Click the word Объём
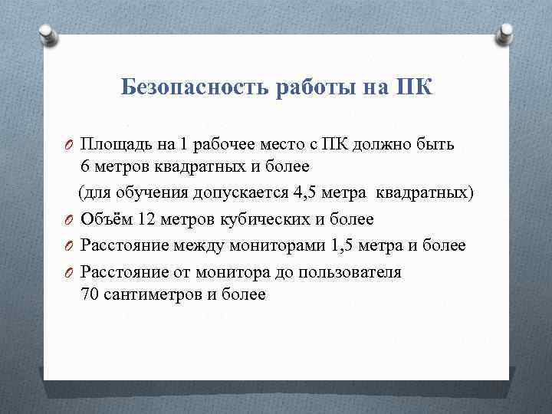[107, 219]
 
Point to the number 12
[147, 219]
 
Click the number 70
[89, 294]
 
